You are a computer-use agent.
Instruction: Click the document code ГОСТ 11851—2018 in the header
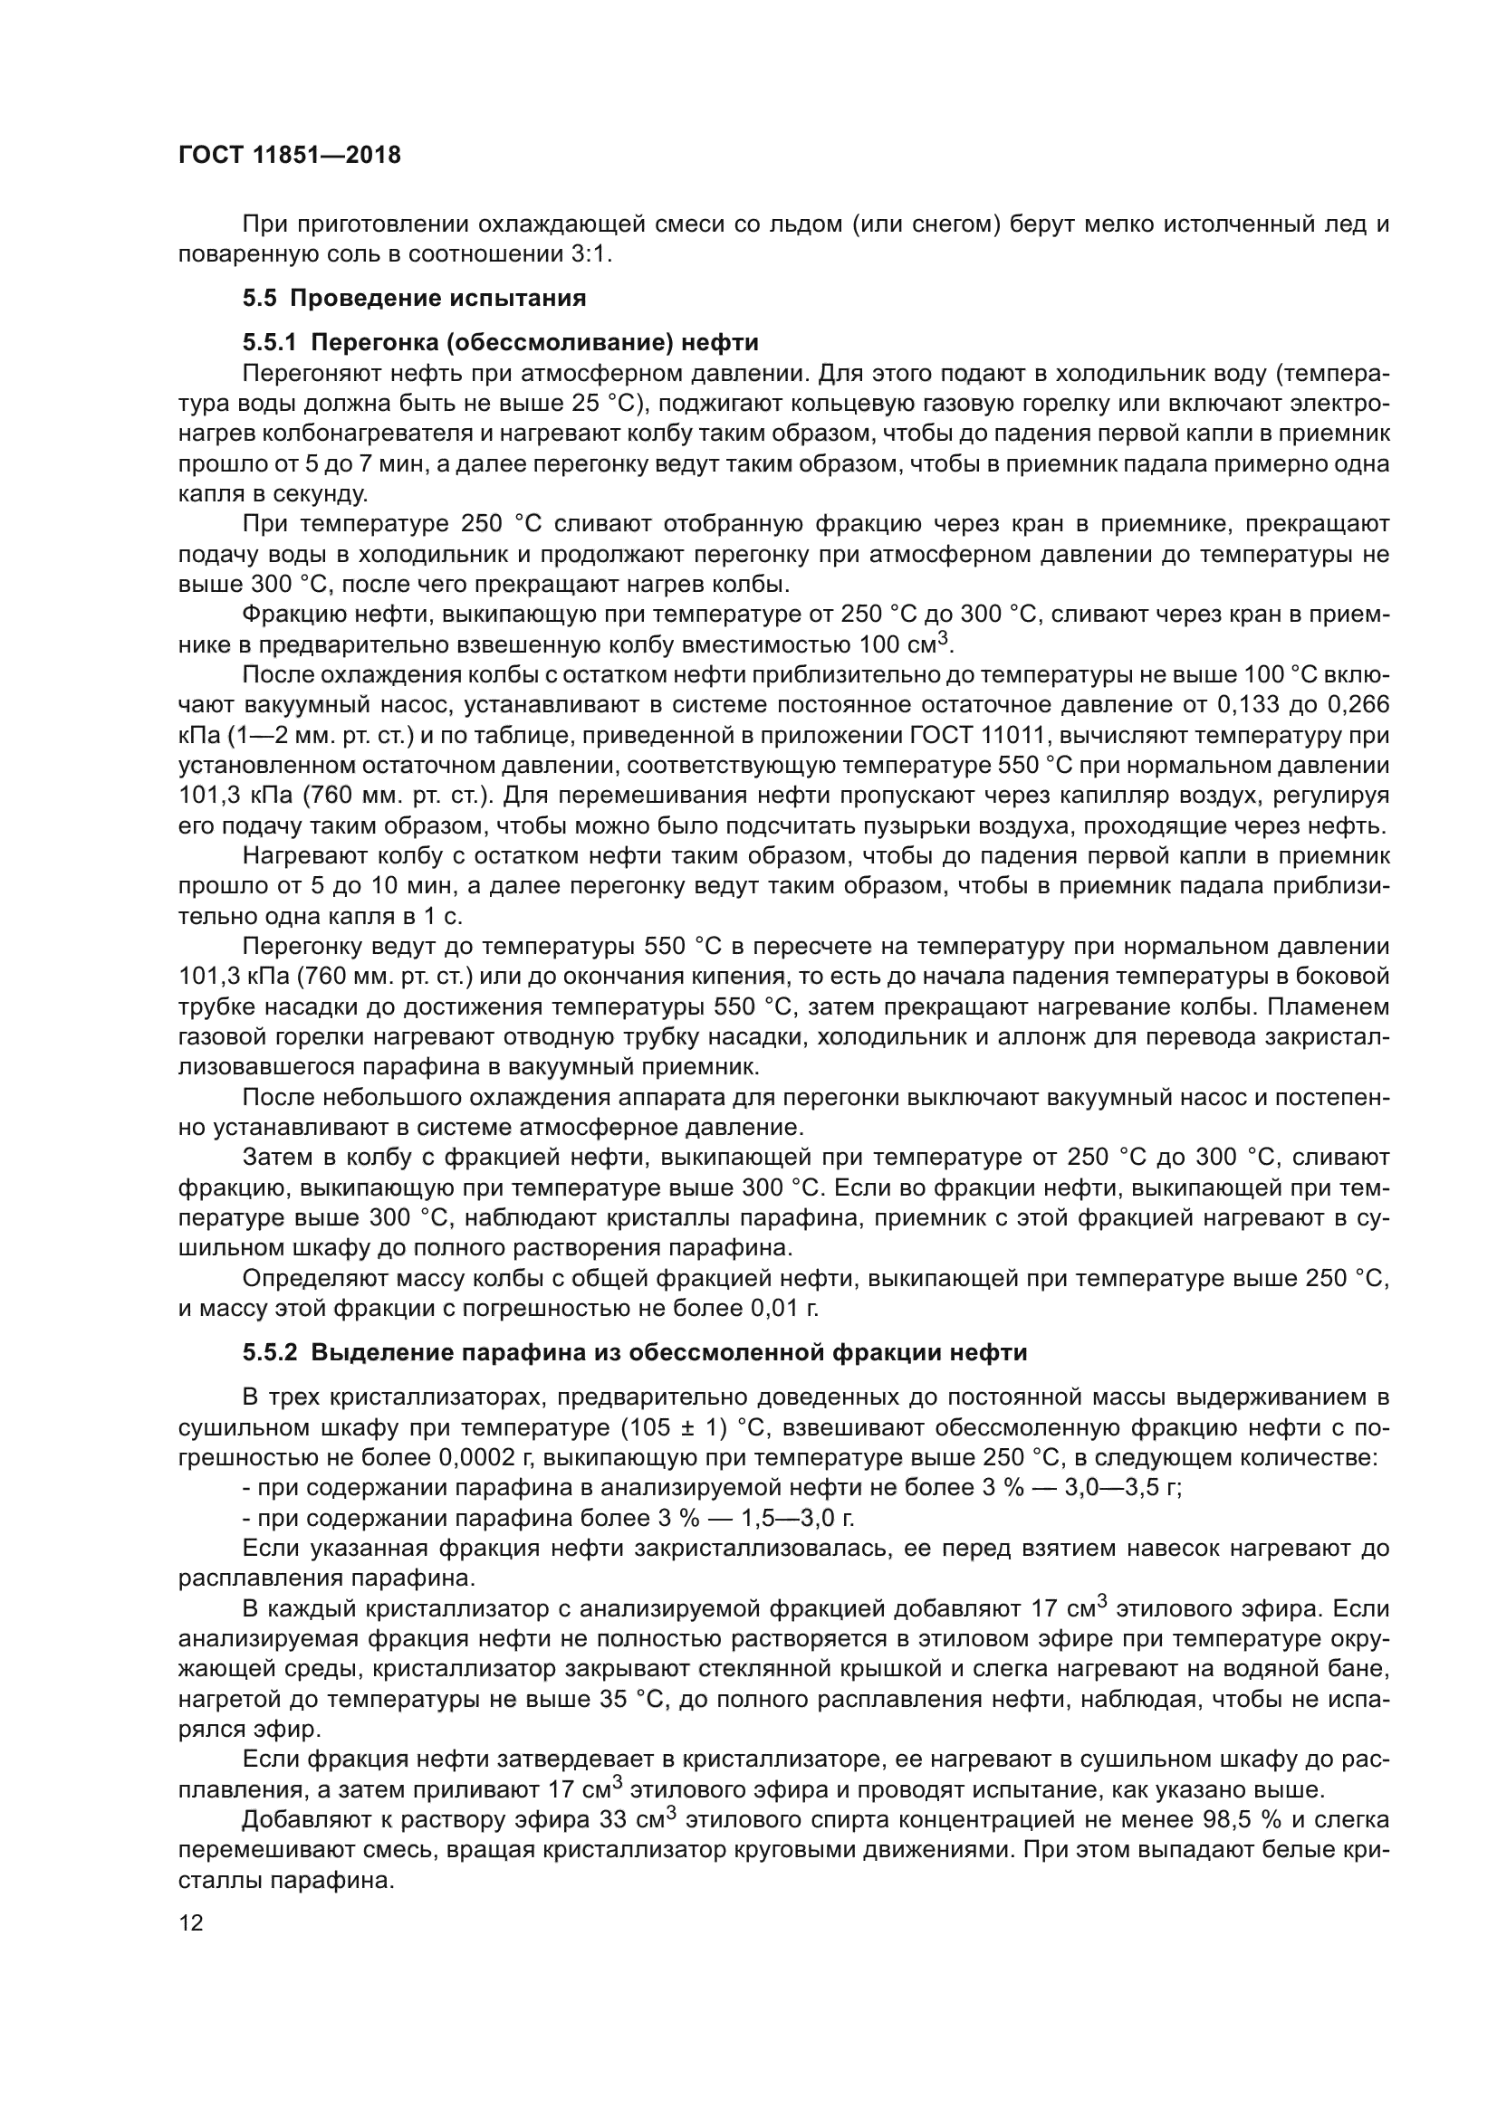[290, 155]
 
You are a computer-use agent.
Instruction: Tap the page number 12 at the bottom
[191, 1922]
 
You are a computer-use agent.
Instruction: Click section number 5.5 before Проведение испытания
[260, 298]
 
